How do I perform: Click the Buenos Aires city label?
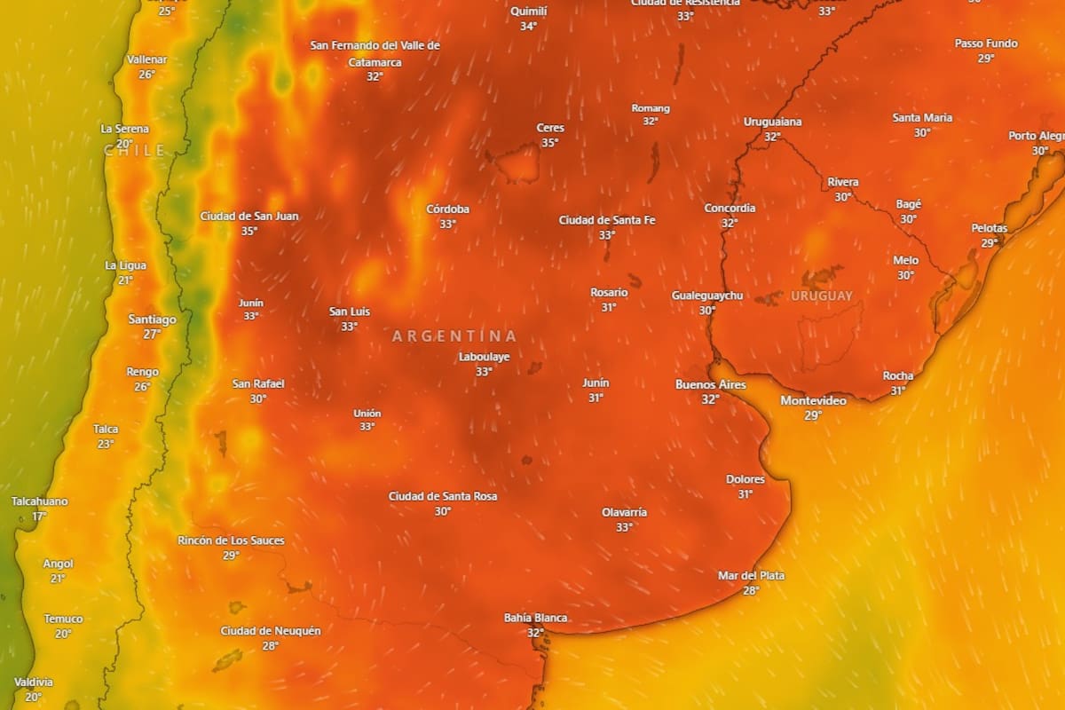(710, 384)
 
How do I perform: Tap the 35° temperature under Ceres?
(550, 143)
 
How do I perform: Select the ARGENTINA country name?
(454, 336)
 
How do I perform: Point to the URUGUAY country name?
(822, 296)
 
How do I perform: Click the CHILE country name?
(135, 151)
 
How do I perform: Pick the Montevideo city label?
(813, 400)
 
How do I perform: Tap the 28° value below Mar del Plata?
(751, 590)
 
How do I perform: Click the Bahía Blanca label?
(535, 618)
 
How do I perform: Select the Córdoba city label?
(447, 209)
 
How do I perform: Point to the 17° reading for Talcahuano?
(39, 517)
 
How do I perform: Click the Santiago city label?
(152, 319)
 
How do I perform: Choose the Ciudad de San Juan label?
(249, 216)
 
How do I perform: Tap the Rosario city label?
(609, 292)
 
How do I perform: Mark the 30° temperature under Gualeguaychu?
(707, 311)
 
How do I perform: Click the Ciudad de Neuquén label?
(271, 630)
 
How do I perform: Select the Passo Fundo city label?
(986, 43)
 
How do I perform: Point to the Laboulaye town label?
(484, 357)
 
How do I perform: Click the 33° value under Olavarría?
(624, 527)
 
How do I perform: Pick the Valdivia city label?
(33, 682)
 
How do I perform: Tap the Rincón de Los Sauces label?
(231, 540)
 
